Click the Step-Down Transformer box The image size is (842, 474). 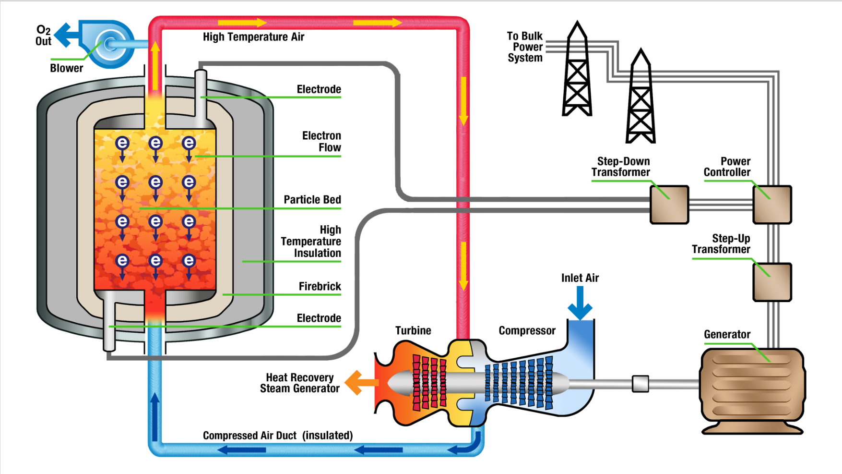[669, 205]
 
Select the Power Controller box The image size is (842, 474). [772, 205]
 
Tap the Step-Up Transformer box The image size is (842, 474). [772, 282]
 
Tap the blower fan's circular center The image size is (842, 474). [110, 44]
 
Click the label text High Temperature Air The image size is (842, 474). [253, 37]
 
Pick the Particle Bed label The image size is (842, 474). [312, 200]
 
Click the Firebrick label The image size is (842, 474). [320, 287]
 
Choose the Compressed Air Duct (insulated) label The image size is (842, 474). [277, 436]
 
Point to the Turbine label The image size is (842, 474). [413, 330]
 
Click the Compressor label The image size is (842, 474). [527, 330]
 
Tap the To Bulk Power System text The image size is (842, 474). [525, 47]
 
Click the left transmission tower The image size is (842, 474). [577, 72]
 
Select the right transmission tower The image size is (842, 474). [641, 98]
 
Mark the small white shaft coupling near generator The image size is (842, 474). [640, 384]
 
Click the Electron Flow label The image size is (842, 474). [321, 142]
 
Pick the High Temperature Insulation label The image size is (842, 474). [311, 242]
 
